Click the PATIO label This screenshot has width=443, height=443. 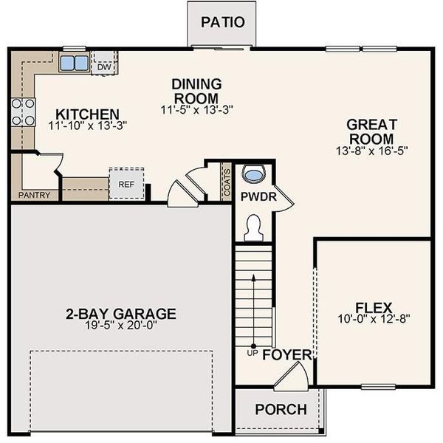click(223, 21)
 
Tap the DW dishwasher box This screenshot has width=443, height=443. click(104, 66)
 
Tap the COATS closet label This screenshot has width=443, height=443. click(227, 182)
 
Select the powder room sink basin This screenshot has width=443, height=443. click(254, 174)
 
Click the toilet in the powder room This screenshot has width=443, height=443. click(253, 227)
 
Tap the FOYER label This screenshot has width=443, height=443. click(287, 355)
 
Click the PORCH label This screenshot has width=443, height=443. click(280, 410)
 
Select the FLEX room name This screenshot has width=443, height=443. click(374, 307)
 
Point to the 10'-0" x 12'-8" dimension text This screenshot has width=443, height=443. click(374, 320)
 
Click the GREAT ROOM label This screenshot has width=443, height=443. click(372, 131)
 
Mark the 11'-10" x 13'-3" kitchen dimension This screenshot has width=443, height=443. click(88, 126)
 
